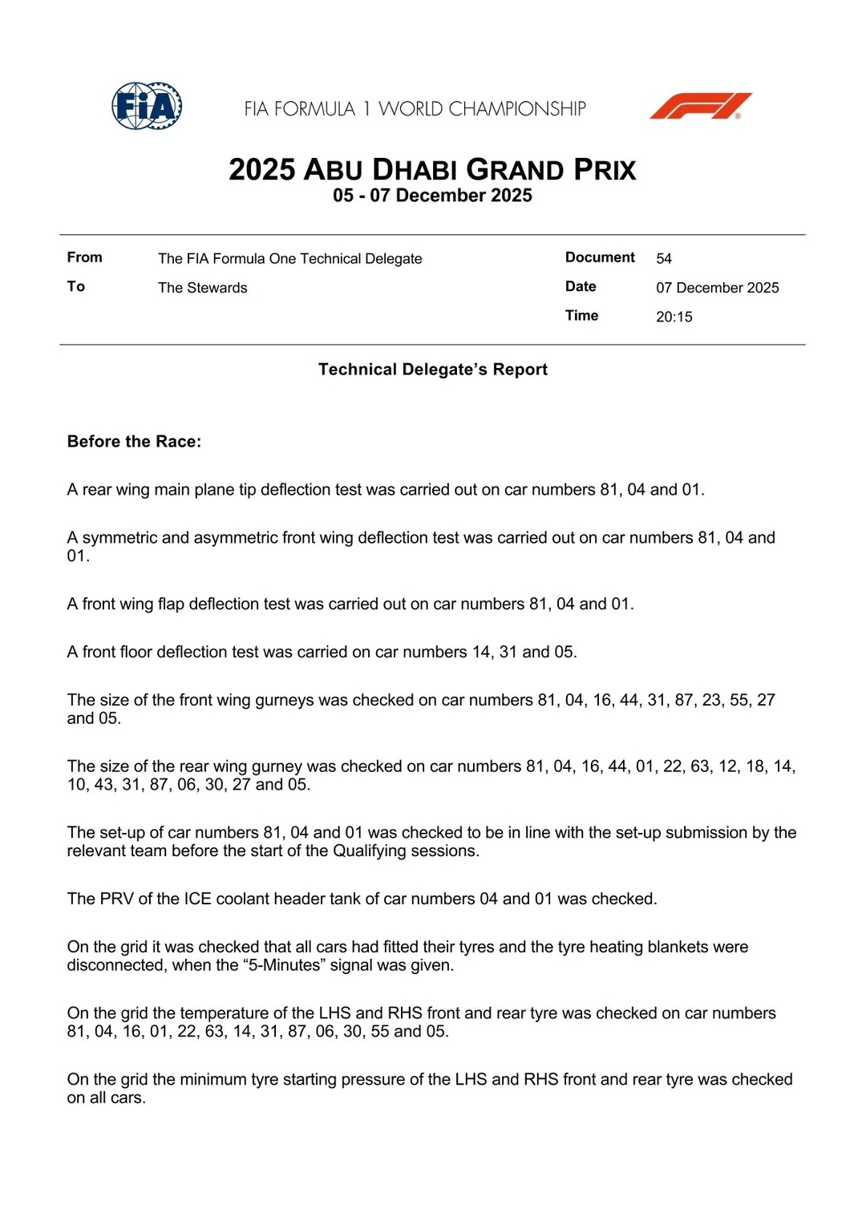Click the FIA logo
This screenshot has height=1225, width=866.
(x=147, y=106)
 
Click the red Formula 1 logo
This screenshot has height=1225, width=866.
(x=700, y=106)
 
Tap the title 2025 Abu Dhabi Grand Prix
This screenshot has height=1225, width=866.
(x=432, y=170)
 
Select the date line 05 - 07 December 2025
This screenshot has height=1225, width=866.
(x=432, y=196)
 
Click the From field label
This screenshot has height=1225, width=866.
(x=84, y=257)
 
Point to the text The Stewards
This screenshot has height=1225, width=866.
(x=202, y=288)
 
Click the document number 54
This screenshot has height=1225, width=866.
(x=664, y=259)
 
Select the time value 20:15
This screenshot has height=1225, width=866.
(x=674, y=317)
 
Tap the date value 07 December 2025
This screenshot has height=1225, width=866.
(x=717, y=288)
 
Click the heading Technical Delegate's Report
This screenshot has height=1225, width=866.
(x=432, y=370)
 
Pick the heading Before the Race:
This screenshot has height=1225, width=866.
(x=134, y=442)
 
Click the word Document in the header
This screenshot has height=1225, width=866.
(x=600, y=257)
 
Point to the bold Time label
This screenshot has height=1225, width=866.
(x=581, y=316)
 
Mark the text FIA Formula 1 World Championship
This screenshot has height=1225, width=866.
(x=415, y=108)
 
